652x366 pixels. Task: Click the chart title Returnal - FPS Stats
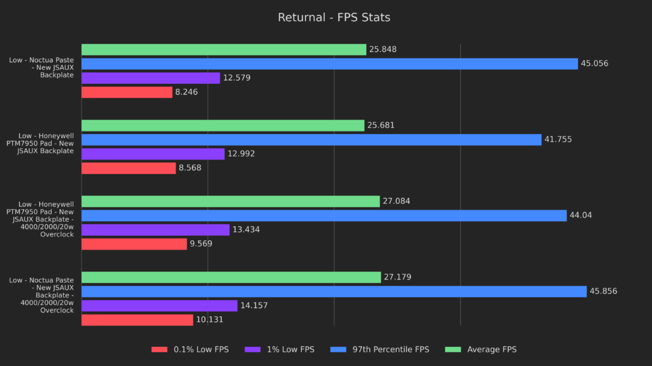coord(334,17)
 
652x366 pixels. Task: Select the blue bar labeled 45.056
coord(329,64)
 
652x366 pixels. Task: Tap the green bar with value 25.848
coord(223,50)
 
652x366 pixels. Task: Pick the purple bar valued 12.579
coord(150,78)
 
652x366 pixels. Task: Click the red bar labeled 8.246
coord(127,92)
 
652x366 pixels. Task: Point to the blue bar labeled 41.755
coord(311,140)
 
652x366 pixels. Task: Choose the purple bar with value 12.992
coord(153,154)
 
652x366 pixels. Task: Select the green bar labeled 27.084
coord(230,201)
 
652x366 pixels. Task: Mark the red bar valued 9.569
coord(134,244)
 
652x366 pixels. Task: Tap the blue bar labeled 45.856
coord(334,292)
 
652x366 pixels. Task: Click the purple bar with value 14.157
coord(159,306)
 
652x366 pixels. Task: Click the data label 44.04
coord(581,215)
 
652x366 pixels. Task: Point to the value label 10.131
coord(209,320)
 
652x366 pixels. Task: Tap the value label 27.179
coord(397,277)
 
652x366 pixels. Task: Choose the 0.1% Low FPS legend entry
coord(190,349)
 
